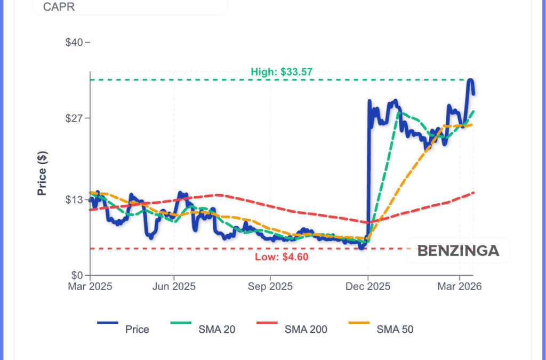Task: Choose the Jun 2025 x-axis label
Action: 174,286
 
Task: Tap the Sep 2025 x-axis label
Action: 270,286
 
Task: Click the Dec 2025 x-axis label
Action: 368,286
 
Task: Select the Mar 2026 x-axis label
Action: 460,286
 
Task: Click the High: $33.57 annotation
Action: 282,71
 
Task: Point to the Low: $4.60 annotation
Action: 282,257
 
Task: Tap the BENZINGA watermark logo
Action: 458,251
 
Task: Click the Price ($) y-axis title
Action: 42,173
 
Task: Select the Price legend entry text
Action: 137,329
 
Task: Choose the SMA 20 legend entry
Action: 216,329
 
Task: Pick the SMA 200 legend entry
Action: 306,329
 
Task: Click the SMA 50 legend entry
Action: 395,329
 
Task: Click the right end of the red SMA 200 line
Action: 473,193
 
